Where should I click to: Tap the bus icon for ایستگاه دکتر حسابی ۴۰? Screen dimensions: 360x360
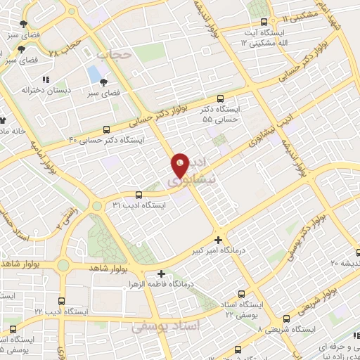pos(106,129)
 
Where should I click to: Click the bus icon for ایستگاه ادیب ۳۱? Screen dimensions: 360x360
pos(138,195)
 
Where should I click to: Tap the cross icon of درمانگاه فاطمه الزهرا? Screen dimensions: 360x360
pos(162,274)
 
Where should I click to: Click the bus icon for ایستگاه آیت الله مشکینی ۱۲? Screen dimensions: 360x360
pos(264,22)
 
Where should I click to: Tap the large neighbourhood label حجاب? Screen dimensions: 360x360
pos(112,55)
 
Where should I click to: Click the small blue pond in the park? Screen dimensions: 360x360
pos(94,73)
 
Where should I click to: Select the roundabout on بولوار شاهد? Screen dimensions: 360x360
pos(63,266)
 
